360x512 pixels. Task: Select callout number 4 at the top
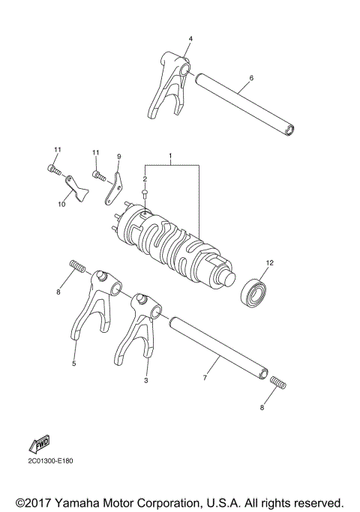coord(190,37)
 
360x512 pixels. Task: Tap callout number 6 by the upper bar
coord(251,77)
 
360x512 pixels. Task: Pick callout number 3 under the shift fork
coord(145,382)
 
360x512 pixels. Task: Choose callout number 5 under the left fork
coord(74,364)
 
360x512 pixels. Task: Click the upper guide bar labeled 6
coord(244,104)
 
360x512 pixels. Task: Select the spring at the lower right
coord(276,384)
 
